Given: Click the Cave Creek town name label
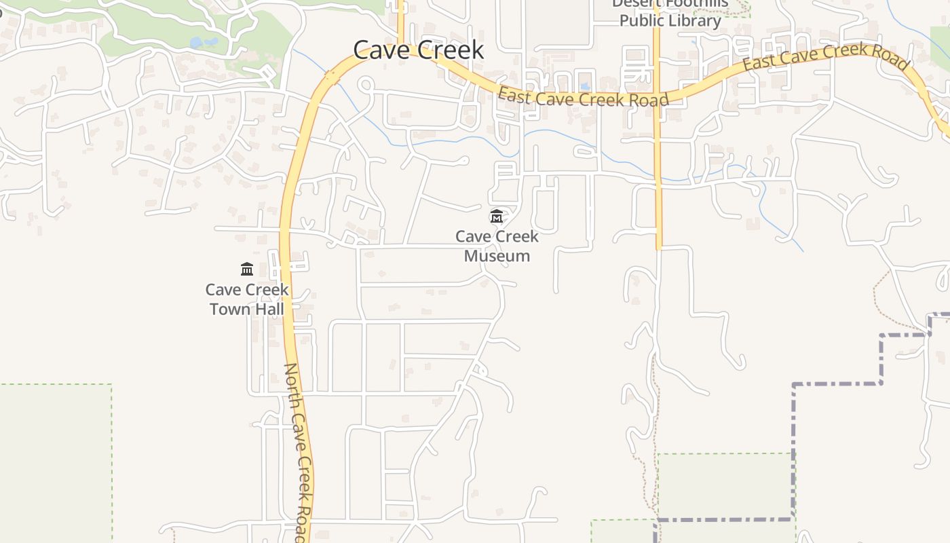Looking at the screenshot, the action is [418, 50].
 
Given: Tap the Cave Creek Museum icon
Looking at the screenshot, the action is [497, 217].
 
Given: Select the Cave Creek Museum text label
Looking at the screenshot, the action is [497, 246].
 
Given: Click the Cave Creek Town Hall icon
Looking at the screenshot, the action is [247, 269].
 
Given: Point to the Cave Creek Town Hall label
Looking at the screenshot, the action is [247, 299].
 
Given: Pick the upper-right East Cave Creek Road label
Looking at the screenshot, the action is [826, 57].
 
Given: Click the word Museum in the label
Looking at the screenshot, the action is [497, 256].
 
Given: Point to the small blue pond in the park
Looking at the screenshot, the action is [204, 42].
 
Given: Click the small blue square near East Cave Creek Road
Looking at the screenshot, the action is [585, 87].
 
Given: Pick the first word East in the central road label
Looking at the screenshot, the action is [514, 94].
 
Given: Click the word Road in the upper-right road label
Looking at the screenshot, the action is [890, 58].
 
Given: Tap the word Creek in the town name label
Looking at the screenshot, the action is [451, 50].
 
